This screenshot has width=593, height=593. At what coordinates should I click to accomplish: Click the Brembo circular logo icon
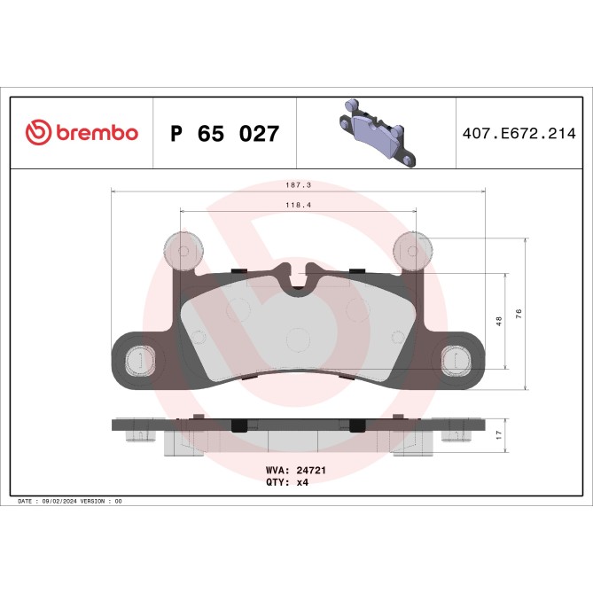pyautogui.click(x=39, y=133)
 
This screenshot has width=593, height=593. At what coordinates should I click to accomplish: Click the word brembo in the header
pyautogui.click(x=96, y=134)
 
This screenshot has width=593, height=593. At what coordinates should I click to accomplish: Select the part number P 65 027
pyautogui.click(x=224, y=134)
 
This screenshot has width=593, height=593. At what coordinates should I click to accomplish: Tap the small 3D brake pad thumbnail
pyautogui.click(x=375, y=133)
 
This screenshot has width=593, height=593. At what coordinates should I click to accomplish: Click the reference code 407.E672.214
pyautogui.click(x=519, y=134)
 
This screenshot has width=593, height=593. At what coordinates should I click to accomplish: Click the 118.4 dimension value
pyautogui.click(x=296, y=205)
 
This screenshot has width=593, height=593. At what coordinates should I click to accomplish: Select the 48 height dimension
pyautogui.click(x=499, y=321)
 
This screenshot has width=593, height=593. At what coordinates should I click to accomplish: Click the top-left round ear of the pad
pyautogui.click(x=184, y=251)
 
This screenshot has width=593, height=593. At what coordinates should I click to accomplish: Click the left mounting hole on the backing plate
pyautogui.click(x=137, y=360)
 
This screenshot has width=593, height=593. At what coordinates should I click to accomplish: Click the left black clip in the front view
pyautogui.click(x=238, y=270)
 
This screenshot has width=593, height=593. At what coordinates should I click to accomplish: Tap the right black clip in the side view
pyautogui.click(x=357, y=425)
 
